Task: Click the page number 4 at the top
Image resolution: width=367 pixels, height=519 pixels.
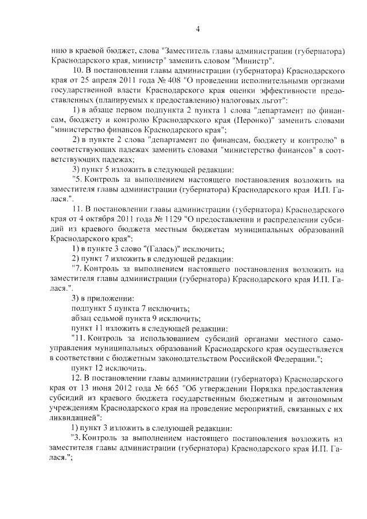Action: [x=197, y=29]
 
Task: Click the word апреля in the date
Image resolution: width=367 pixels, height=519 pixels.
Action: [x=100, y=80]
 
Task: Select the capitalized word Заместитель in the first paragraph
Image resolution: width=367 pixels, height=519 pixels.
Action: [x=188, y=50]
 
